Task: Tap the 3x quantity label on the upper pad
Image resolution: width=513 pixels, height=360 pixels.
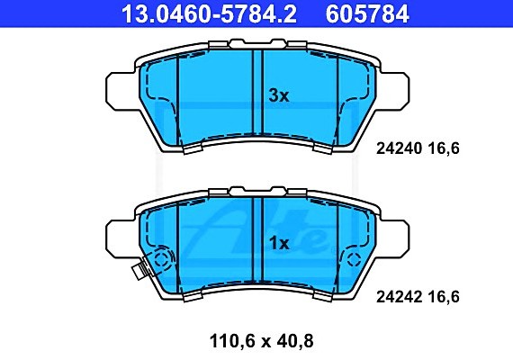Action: pos(279,96)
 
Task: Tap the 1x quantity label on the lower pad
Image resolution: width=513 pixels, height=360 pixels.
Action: pos(279,243)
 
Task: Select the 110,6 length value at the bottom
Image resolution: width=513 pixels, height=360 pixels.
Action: pos(220,341)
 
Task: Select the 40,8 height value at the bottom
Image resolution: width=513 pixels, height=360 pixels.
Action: pos(293,341)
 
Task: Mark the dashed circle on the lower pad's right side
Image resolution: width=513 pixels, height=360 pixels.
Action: pos(354,261)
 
